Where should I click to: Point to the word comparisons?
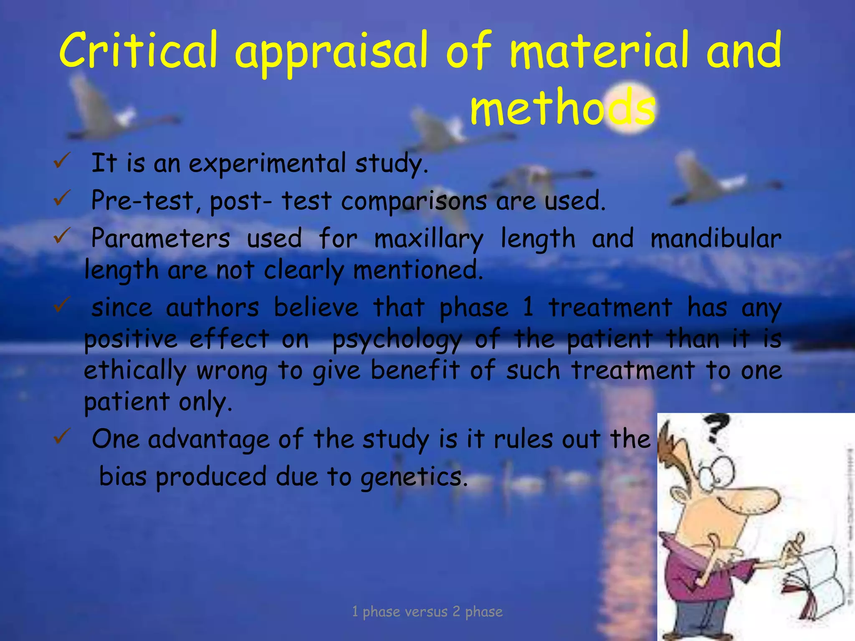[x=414, y=201]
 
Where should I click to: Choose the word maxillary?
[x=429, y=239]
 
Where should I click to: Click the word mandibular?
[x=716, y=239]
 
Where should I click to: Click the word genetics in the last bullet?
[x=414, y=477]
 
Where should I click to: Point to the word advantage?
[x=209, y=440]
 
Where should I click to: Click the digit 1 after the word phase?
[x=528, y=307]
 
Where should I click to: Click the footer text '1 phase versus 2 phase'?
[x=427, y=612]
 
